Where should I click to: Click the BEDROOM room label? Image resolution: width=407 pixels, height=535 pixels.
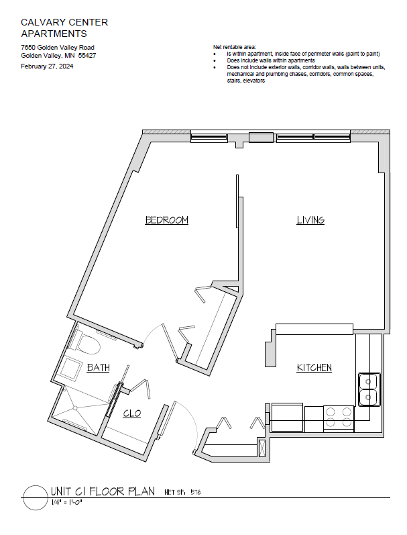(167, 220)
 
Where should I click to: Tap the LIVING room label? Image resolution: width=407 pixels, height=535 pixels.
(310, 220)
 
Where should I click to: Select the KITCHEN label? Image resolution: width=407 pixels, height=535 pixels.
(314, 367)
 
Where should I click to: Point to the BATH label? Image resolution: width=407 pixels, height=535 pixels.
(98, 367)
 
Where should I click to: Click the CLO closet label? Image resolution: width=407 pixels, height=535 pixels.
(132, 414)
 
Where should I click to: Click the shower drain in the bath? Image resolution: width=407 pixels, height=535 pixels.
(74, 407)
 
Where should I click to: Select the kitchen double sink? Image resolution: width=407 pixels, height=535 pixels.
(369, 389)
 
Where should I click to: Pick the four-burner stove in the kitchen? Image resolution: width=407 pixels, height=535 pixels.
(339, 418)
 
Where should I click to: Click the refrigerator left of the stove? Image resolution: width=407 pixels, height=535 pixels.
(287, 418)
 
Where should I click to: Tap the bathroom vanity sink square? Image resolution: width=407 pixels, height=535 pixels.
(71, 367)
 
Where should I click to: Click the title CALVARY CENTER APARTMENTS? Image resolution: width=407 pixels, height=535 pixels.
(64, 28)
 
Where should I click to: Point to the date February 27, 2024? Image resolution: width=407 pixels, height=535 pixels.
(47, 66)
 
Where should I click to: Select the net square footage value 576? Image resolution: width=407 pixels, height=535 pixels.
(196, 492)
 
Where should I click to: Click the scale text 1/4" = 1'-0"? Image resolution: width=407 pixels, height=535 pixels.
(67, 502)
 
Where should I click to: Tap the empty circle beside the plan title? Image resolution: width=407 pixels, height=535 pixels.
(35, 498)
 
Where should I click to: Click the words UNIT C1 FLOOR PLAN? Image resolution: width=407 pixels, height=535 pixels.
(103, 491)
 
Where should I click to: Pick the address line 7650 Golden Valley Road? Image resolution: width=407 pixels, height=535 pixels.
(58, 48)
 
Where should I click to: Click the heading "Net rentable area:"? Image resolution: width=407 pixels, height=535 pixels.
(235, 47)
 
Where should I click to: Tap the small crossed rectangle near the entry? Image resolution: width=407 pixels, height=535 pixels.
(262, 448)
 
